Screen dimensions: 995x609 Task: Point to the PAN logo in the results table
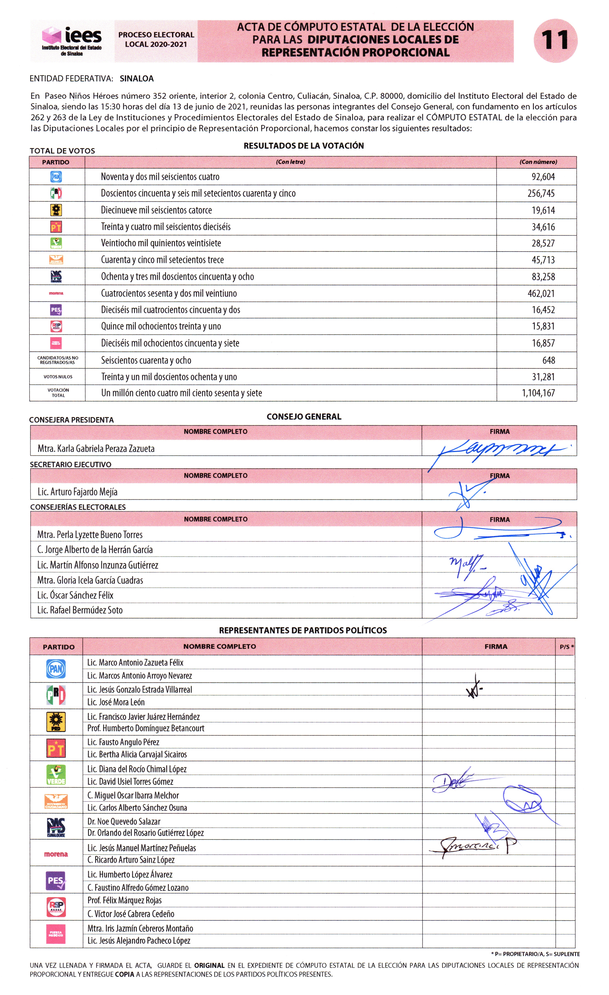click(56, 176)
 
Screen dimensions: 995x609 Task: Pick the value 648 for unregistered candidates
click(549, 360)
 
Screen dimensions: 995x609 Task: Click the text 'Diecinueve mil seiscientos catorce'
click(156, 210)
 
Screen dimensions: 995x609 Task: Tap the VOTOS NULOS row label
click(58, 377)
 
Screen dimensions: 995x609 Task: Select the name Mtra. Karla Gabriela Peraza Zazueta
click(96, 448)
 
